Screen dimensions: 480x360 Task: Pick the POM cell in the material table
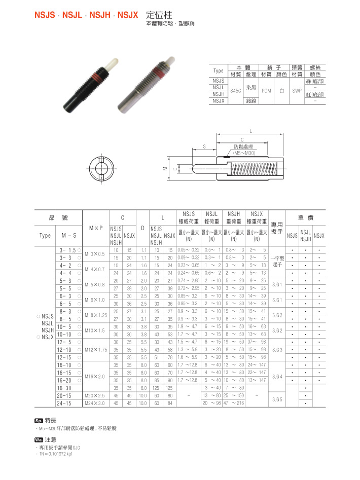click(x=266, y=91)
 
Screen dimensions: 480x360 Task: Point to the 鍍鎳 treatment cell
click(x=251, y=100)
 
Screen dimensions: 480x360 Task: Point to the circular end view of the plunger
click(x=103, y=168)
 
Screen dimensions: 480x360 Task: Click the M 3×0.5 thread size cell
click(x=94, y=253)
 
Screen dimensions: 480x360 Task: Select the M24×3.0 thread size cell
click(x=94, y=403)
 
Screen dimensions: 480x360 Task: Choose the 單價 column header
click(x=306, y=217)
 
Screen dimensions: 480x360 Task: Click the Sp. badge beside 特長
click(x=39, y=420)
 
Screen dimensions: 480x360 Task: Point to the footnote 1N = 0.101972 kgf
click(x=55, y=454)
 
